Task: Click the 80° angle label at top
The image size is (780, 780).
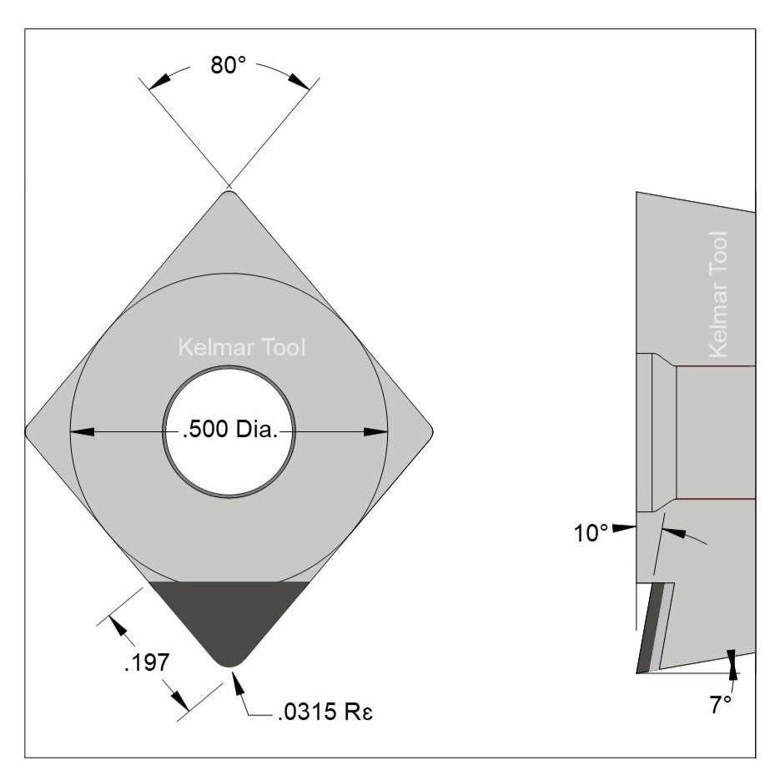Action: (x=228, y=66)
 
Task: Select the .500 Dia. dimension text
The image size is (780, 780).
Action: (x=229, y=431)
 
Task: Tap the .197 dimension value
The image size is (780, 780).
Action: (x=147, y=664)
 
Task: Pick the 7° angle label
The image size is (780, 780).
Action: (x=720, y=705)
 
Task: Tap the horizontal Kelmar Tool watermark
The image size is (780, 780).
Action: (x=243, y=347)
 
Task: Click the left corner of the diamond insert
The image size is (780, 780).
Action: (x=29, y=431)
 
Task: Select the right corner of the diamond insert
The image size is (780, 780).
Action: (x=429, y=431)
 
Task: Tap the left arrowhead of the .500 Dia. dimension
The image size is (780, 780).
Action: (x=81, y=431)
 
